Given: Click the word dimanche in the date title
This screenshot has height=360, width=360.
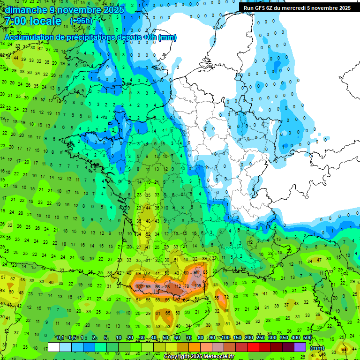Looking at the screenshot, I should pyautogui.click(x=23, y=10).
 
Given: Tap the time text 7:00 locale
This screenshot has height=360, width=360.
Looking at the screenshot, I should pyautogui.click(x=33, y=21).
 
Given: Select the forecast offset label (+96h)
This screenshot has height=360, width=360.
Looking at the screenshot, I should pyautogui.click(x=81, y=21).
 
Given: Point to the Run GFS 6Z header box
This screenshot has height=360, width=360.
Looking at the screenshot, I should pyautogui.click(x=297, y=8).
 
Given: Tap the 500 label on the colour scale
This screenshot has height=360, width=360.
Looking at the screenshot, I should pyautogui.click(x=307, y=338).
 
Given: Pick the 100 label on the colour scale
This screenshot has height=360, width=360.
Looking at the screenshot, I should pyautogui.click(x=225, y=338).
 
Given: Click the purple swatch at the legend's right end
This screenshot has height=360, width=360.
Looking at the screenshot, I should pyautogui.click(x=300, y=347).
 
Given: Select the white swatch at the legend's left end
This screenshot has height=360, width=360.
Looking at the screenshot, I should pyautogui.click(x=54, y=347).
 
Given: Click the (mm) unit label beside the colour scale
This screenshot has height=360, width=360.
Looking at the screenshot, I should pyautogui.click(x=318, y=348).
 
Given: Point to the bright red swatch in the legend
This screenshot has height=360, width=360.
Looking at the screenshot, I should pyautogui.click(x=253, y=347).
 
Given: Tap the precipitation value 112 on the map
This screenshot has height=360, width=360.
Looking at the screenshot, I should pyautogui.click(x=178, y=286).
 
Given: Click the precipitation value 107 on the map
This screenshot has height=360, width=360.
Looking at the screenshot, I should pyautogui.click(x=139, y=286).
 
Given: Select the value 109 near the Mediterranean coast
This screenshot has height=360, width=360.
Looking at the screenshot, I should pyautogui.click(x=198, y=285).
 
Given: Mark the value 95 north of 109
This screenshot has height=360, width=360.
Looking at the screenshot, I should pyautogui.click(x=196, y=273).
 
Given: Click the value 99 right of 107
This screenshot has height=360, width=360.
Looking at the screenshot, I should pyautogui.click(x=148, y=286).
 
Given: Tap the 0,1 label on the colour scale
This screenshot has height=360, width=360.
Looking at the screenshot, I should pyautogui.click(x=60, y=338).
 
